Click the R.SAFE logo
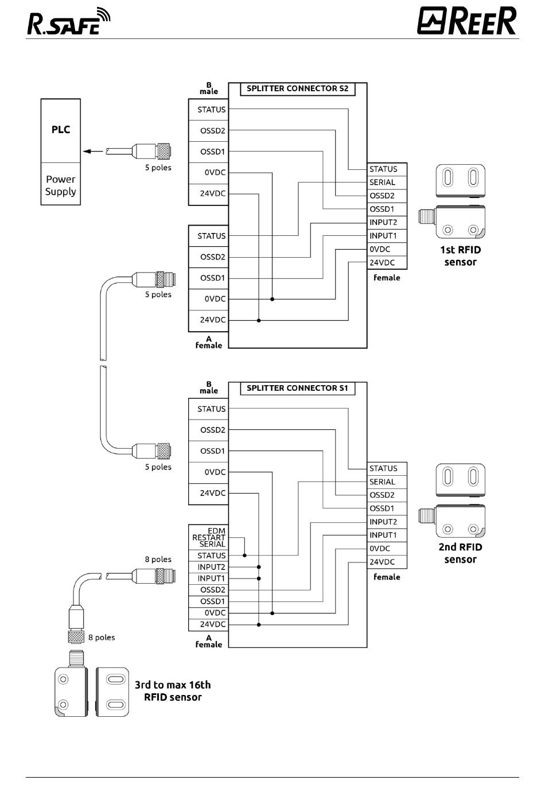[69, 21]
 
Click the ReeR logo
[467, 21]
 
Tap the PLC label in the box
[61, 130]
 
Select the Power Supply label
[60, 185]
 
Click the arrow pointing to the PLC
[93, 152]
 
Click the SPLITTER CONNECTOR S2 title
[297, 88]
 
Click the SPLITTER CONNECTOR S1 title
[297, 388]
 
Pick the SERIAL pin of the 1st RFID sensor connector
[382, 183]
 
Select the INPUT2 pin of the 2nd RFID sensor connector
[383, 522]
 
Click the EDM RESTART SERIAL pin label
[209, 537]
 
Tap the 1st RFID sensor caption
[461, 256]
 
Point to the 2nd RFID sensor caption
[461, 553]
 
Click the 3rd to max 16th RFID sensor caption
[173, 691]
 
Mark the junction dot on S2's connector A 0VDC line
[272, 299]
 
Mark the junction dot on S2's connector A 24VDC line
[259, 321]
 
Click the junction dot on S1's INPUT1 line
[259, 578]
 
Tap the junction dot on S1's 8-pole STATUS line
[244, 556]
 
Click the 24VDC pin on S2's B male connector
[212, 193]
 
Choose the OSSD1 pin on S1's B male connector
[212, 451]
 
